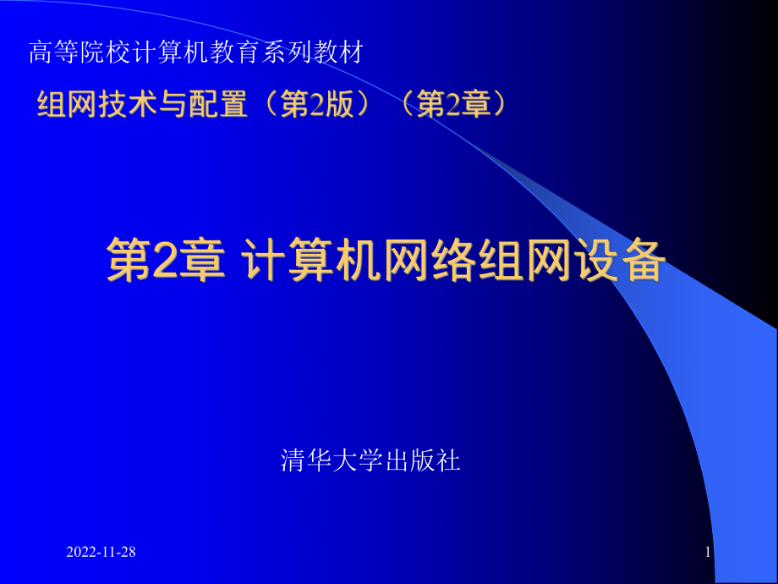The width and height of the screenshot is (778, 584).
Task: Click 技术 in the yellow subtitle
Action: (120, 105)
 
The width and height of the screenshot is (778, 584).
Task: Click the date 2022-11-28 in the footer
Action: (101, 553)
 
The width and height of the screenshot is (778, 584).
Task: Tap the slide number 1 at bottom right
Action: (707, 553)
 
